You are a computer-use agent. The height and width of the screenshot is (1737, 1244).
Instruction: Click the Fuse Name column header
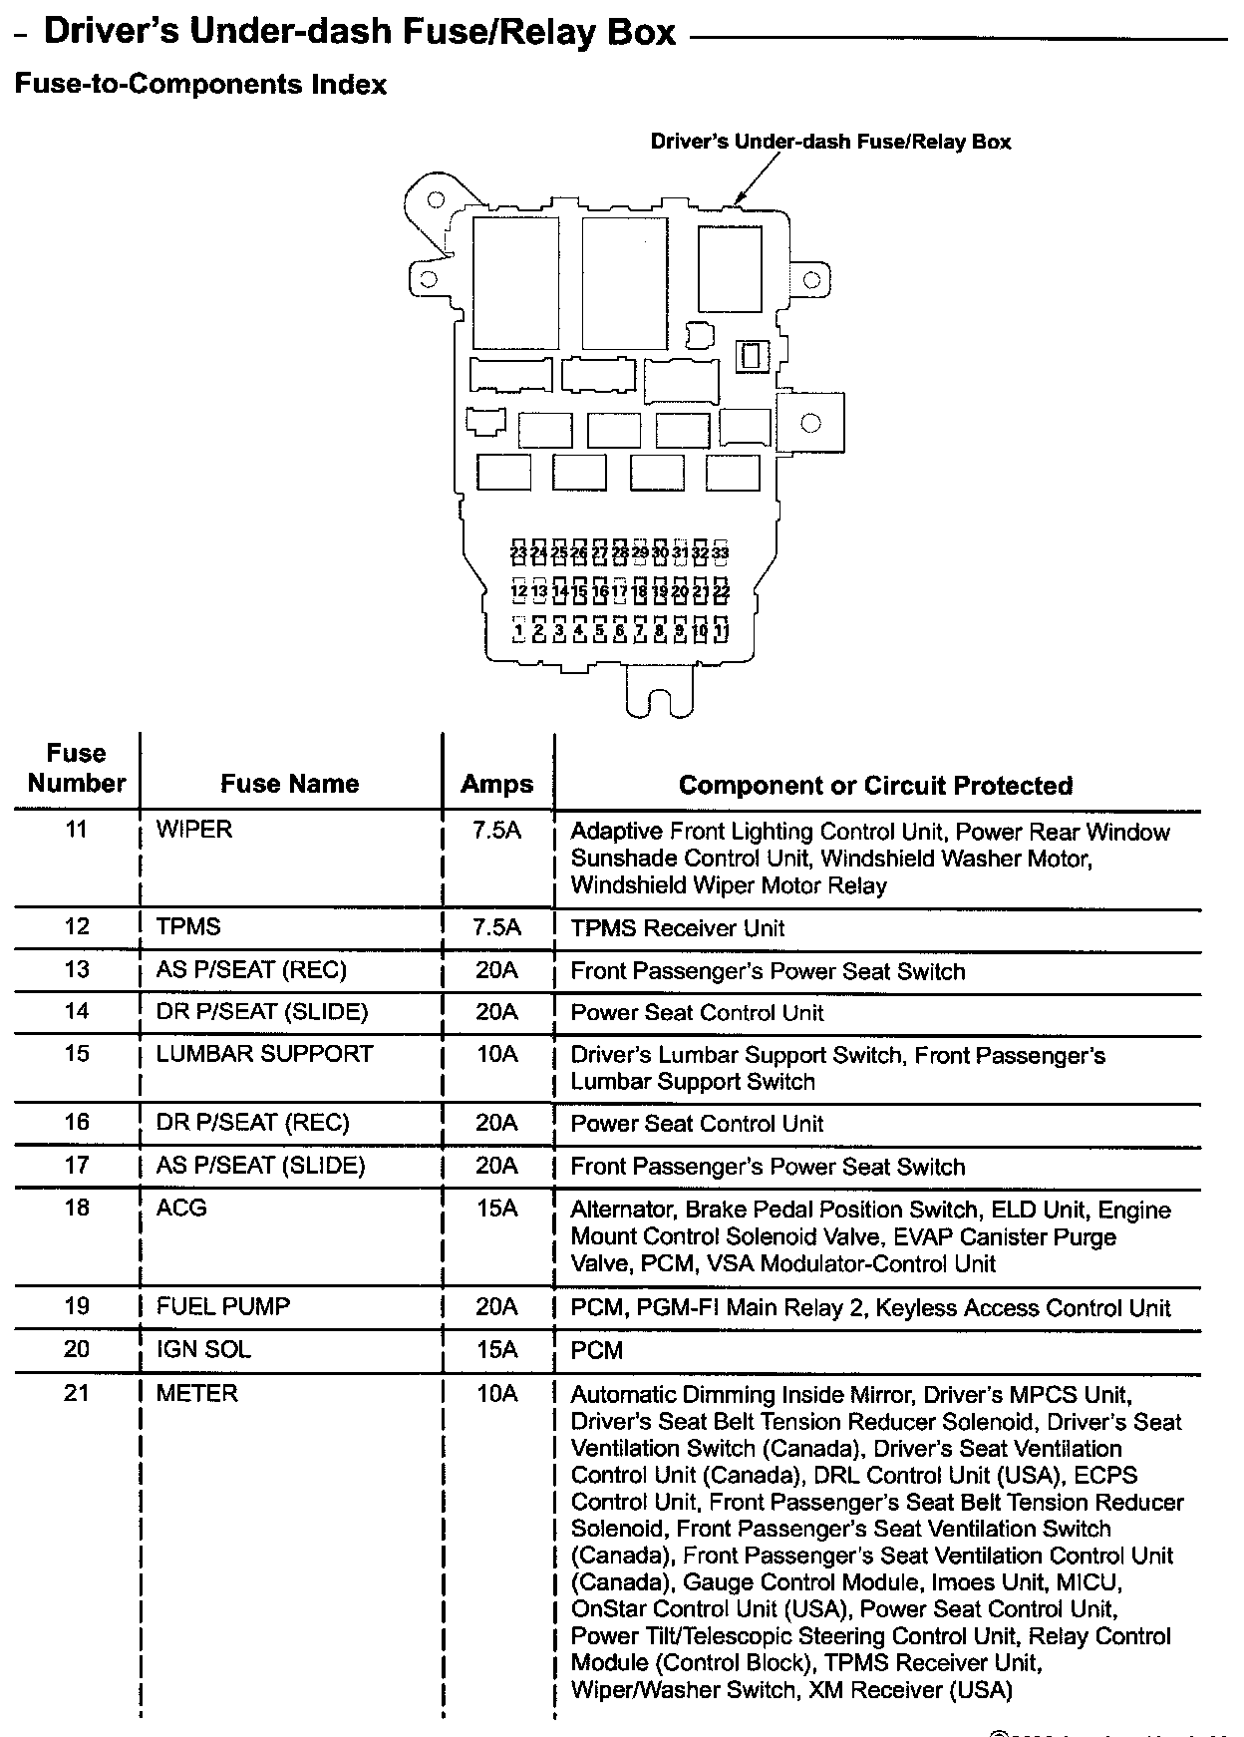[289, 784]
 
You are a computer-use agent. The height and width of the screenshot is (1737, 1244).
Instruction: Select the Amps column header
[496, 784]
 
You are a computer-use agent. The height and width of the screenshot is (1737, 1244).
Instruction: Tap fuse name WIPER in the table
[194, 830]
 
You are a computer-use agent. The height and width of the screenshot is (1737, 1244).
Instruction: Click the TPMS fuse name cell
[188, 927]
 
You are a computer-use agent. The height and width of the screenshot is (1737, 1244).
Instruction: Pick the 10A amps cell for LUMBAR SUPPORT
[496, 1054]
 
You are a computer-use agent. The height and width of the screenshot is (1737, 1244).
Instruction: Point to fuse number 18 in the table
[77, 1209]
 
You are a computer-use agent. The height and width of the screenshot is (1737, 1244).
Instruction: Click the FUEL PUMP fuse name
[223, 1306]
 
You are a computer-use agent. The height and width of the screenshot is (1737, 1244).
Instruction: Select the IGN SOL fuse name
[203, 1350]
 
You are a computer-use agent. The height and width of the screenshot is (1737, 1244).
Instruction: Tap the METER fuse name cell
[197, 1393]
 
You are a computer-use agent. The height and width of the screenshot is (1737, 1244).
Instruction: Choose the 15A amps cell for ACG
[496, 1209]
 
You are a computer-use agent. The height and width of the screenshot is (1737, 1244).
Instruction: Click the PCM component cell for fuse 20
[596, 1351]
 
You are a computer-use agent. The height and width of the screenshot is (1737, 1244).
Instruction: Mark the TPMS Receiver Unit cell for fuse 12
[677, 928]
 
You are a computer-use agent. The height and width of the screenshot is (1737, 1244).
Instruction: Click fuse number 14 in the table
[77, 1012]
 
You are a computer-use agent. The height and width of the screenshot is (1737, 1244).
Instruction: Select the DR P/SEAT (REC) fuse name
[253, 1123]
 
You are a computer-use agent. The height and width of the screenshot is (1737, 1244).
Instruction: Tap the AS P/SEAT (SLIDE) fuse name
[261, 1166]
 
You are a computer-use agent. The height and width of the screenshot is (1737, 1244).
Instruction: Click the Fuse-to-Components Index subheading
[200, 85]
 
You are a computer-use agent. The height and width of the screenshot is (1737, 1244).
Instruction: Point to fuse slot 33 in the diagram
[721, 552]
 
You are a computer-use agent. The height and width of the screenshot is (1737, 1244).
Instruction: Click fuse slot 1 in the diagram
[518, 630]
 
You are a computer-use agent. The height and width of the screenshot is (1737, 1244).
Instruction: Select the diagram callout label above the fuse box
[830, 142]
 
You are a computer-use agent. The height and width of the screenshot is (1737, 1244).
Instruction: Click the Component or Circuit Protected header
[875, 786]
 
